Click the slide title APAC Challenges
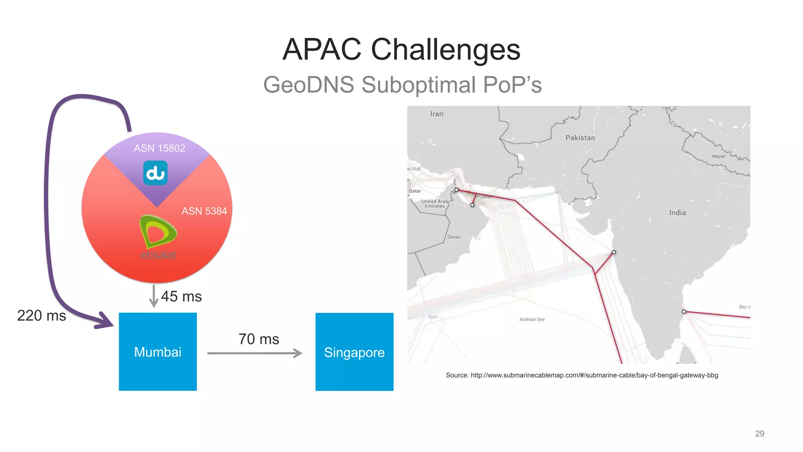401,49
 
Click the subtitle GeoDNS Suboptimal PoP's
402,85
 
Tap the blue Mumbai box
158,352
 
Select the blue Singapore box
354,352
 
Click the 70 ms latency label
258,339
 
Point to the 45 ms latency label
181,296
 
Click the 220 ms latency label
42,315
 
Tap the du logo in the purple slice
155,173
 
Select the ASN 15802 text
159,148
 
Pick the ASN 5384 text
204,211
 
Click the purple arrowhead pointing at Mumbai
105,321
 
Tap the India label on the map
677,213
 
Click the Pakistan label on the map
580,138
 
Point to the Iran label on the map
436,114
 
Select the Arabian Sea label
532,319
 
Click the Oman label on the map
454,237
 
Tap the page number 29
759,434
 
